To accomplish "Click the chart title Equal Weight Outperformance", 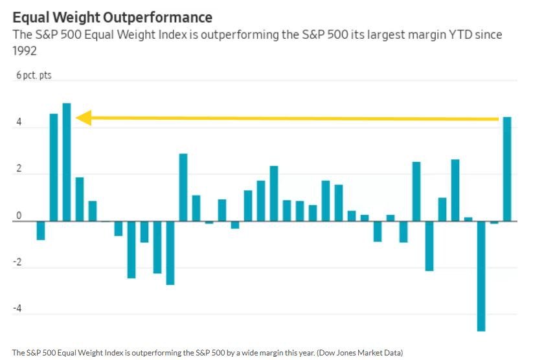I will (x=112, y=16).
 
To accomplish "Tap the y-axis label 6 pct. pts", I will (x=34, y=76).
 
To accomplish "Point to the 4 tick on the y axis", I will (x=19, y=122).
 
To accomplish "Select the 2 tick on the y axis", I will (x=19, y=169).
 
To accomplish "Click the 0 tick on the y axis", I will (x=19, y=216).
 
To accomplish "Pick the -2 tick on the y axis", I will (x=17, y=263).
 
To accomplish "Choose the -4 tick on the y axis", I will (x=17, y=309).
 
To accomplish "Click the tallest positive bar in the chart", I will (x=67, y=162).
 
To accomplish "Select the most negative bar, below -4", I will (x=481, y=276).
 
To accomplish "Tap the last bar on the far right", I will (x=507, y=169).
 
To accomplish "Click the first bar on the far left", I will (x=41, y=231).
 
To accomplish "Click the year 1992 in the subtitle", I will (x=25, y=51).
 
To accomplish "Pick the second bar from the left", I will (x=54, y=167).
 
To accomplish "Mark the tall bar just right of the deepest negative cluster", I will (x=183, y=188).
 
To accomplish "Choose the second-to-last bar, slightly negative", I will (x=494, y=223).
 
